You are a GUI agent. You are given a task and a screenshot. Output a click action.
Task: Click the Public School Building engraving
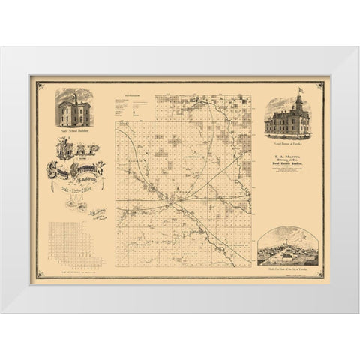73,109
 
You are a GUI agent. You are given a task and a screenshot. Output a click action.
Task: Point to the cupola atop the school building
73,94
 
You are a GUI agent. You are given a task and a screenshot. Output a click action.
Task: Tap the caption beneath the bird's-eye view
288,268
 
